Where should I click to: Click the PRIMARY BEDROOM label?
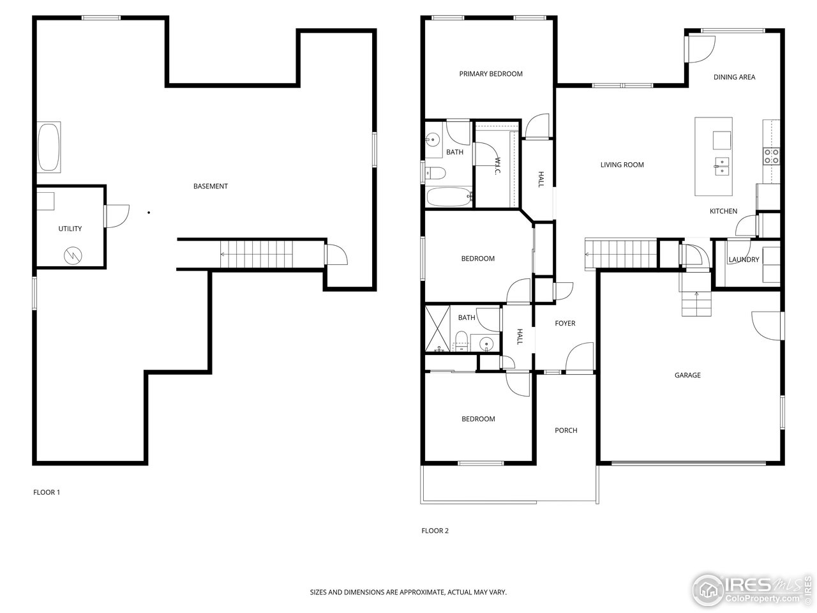[x=491, y=74]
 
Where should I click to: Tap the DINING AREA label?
[x=734, y=77]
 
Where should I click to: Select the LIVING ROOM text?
[x=622, y=165]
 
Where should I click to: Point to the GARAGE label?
[x=687, y=375]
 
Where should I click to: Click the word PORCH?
[x=566, y=430]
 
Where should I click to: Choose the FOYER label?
[x=565, y=324]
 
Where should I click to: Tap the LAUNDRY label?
[x=744, y=260]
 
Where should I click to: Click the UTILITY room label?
[x=70, y=229]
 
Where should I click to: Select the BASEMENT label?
[x=211, y=186]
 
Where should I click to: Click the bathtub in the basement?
[x=49, y=148]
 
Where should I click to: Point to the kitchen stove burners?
[x=771, y=156]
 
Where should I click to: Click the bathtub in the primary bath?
[x=449, y=197]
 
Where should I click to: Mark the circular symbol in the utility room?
[x=73, y=256]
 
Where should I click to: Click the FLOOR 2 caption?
[x=435, y=531]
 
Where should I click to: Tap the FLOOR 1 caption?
[x=47, y=492]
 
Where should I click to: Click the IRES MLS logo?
[x=749, y=587]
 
